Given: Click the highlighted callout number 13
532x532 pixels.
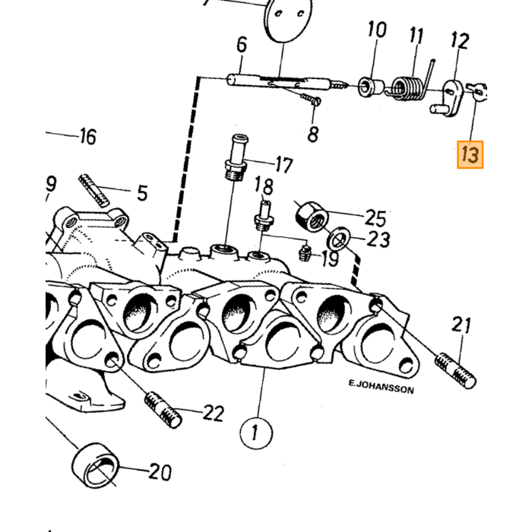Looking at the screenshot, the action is pos(470,155).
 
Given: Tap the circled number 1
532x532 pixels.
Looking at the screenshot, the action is pos(256,433).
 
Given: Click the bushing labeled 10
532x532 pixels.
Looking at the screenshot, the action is pos(371,87).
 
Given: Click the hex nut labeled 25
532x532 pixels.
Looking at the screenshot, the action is pos(312,217).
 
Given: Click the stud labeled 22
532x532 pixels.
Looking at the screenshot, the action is pos(163,409).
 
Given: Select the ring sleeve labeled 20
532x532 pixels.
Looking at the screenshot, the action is pos(96,465).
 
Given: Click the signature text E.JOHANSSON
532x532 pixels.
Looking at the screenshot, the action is pos(381,387).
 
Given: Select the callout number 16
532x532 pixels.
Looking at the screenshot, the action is pos(88,136).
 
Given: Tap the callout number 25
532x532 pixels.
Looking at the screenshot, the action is pos(375,218).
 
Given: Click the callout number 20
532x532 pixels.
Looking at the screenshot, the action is pos(160,472).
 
